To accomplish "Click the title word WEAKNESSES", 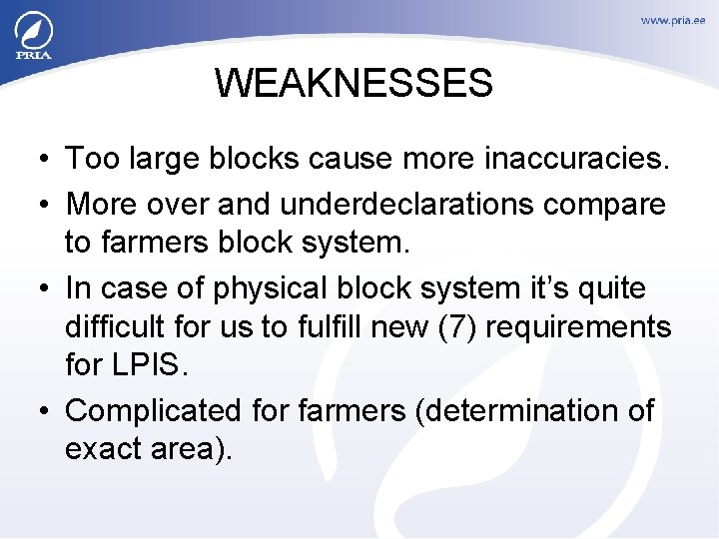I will tap(354, 83).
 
